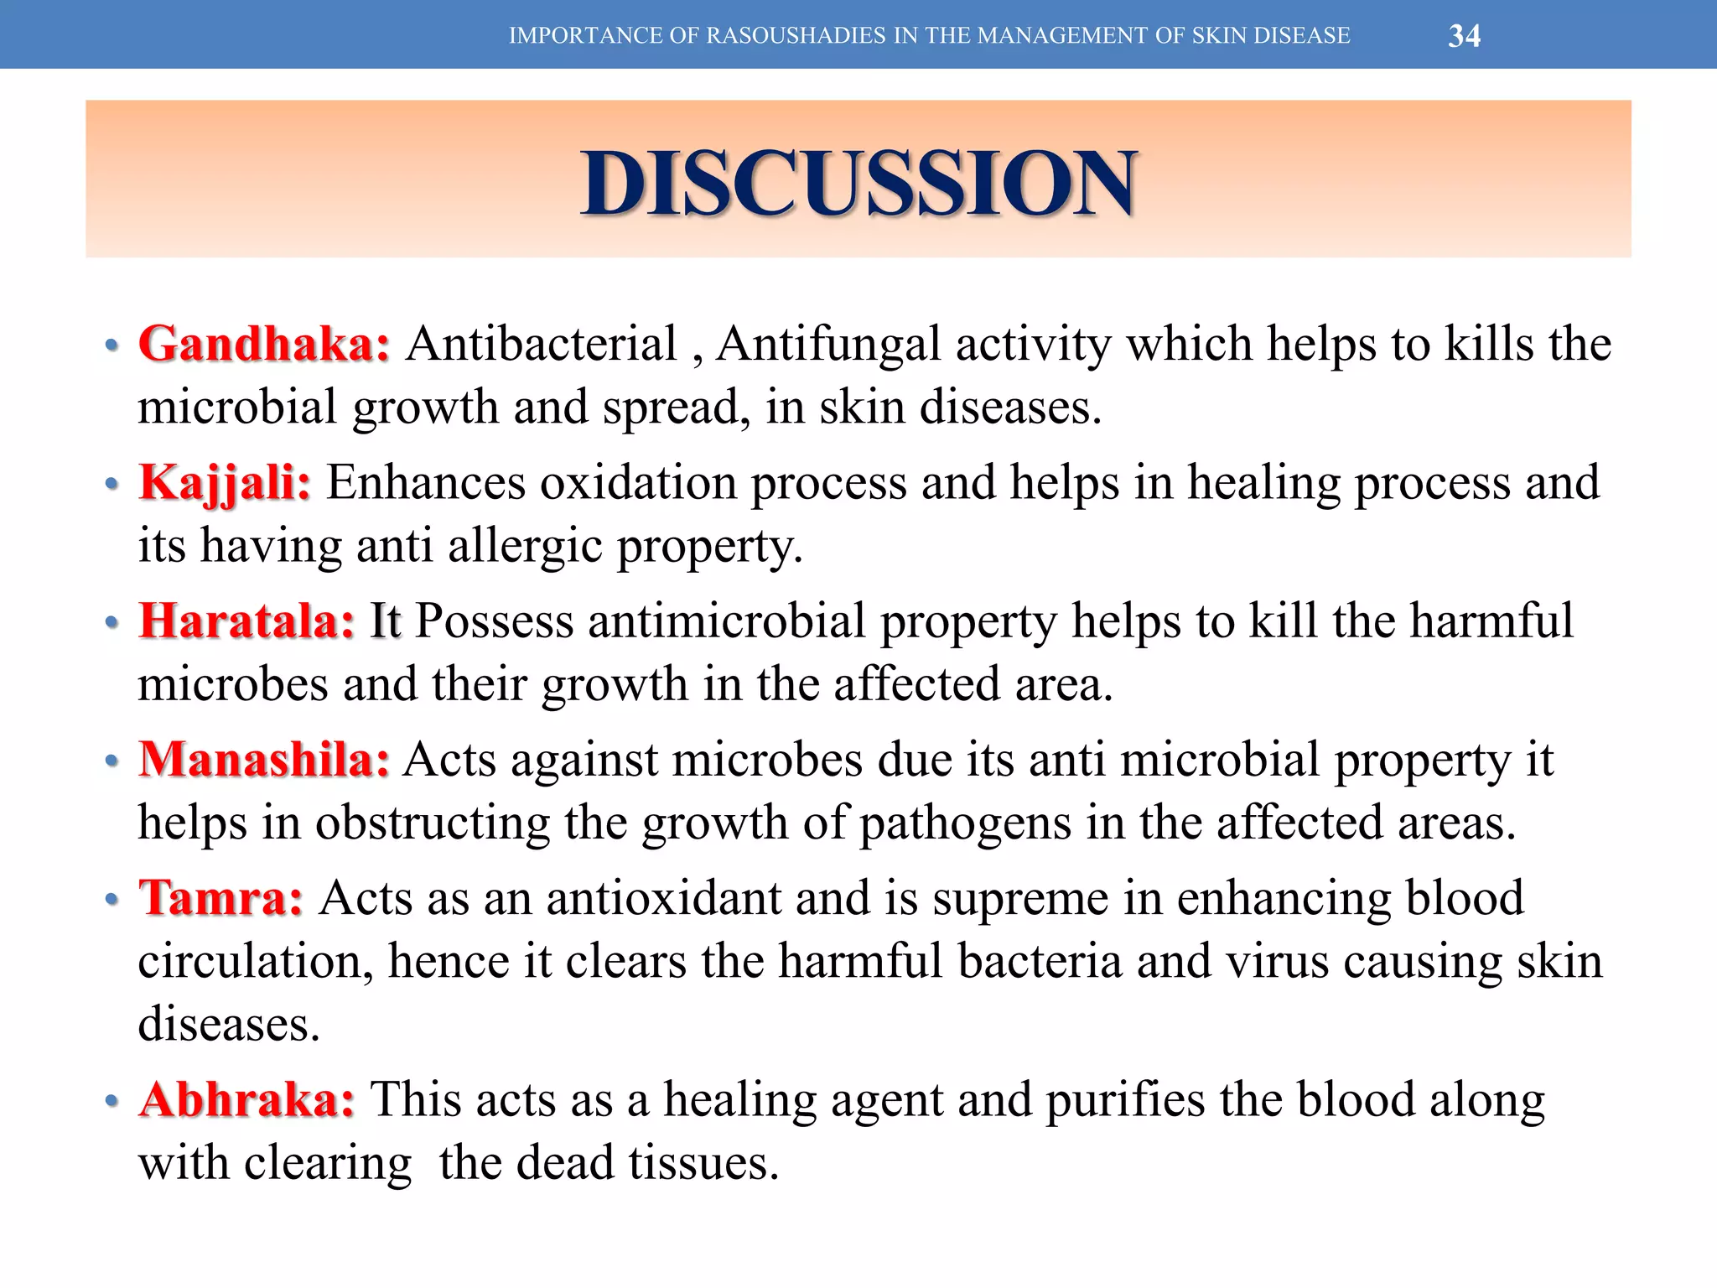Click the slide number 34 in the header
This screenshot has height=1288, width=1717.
[1464, 36]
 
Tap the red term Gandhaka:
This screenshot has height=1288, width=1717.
[264, 344]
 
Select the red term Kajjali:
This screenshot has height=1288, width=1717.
[225, 483]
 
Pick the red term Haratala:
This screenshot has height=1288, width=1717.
[247, 621]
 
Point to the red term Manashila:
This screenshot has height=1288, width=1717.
[264, 760]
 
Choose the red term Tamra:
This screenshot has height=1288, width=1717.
[220, 898]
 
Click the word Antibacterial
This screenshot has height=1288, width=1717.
[542, 344]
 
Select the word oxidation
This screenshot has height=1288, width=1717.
[637, 483]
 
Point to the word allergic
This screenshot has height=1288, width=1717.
[525, 547]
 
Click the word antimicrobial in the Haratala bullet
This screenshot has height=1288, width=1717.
[727, 621]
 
